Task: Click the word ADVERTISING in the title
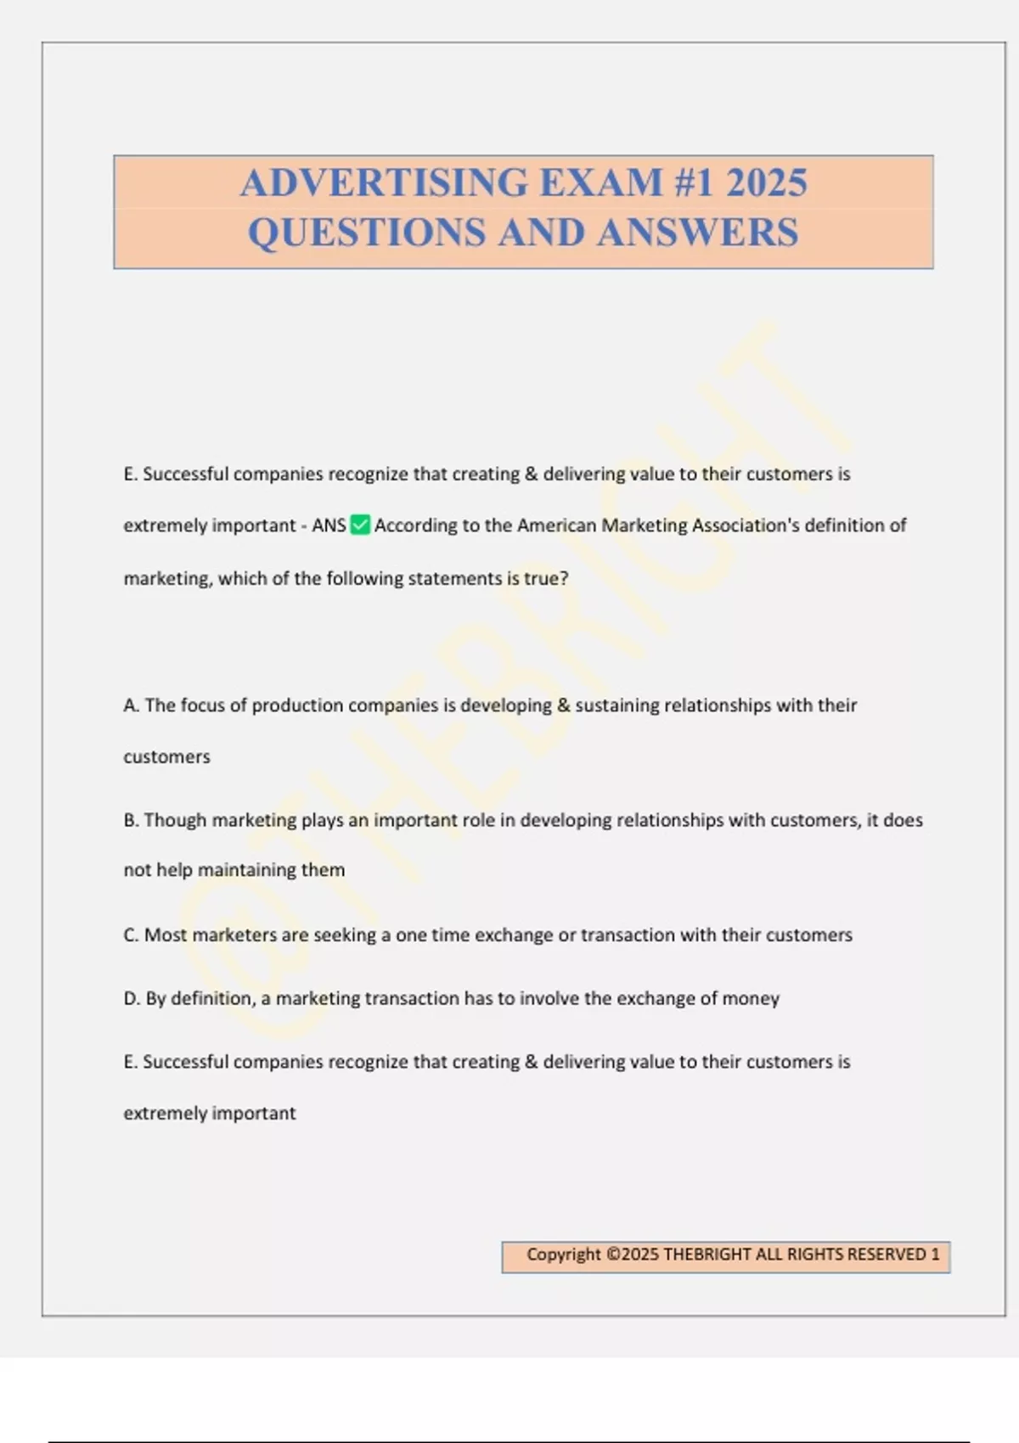click(384, 183)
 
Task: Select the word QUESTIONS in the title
click(367, 233)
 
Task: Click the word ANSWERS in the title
click(697, 233)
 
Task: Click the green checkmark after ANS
click(360, 525)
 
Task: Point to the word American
click(556, 525)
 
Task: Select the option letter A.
click(131, 705)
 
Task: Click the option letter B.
click(131, 820)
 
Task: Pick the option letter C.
click(131, 935)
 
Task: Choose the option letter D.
click(132, 998)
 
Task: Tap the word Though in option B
click(175, 820)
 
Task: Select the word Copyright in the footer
click(563, 1255)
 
